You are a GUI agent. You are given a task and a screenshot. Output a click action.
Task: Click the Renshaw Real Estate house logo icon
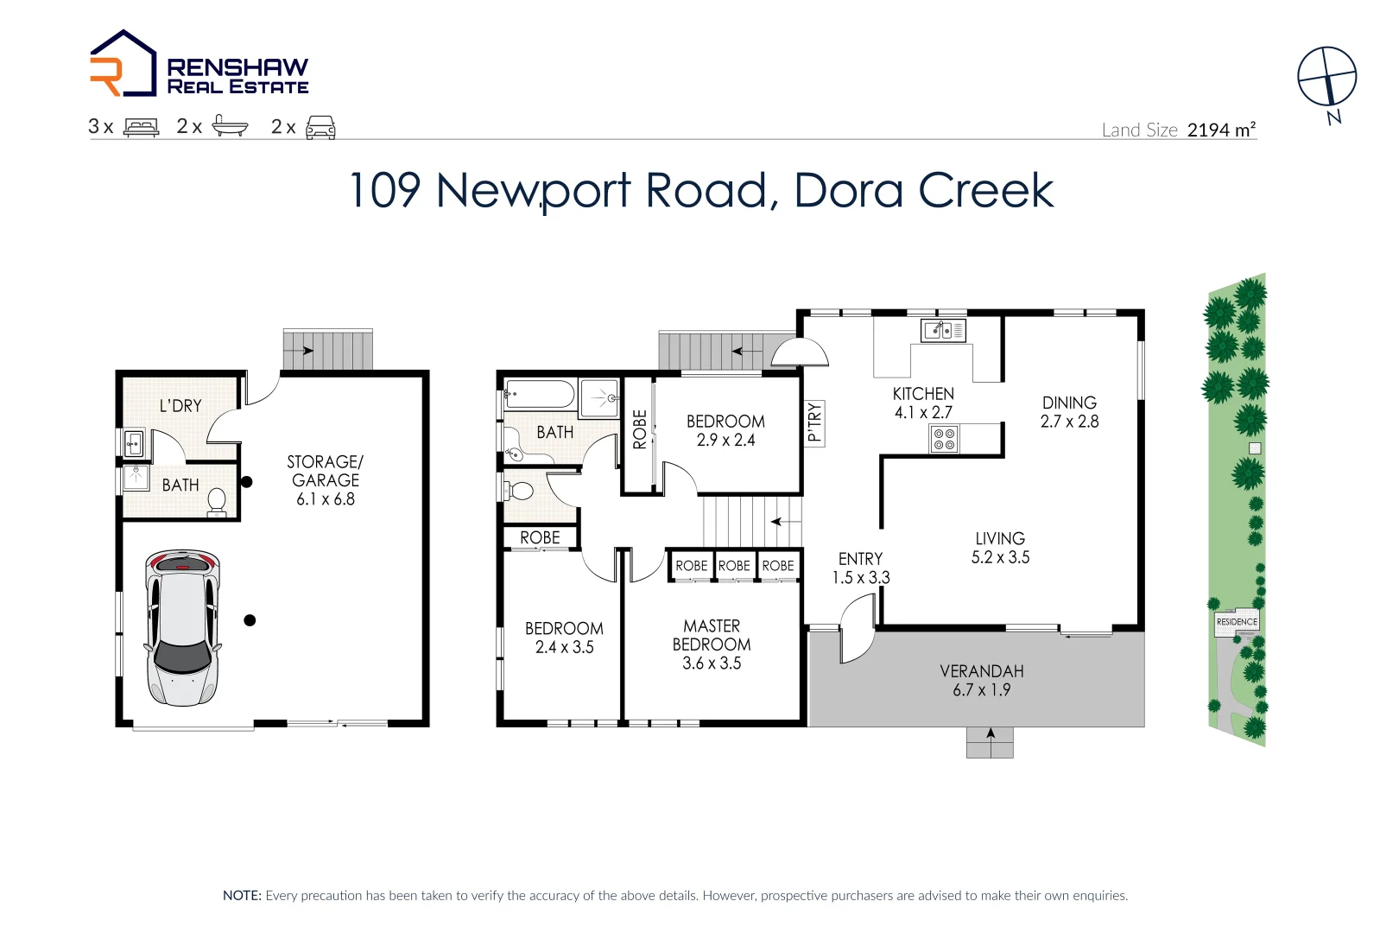point(123,64)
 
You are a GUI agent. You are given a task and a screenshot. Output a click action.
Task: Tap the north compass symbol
point(1327,78)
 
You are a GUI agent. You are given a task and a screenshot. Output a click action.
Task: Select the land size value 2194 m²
point(1221,130)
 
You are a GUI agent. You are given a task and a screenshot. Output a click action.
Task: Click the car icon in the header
point(320,127)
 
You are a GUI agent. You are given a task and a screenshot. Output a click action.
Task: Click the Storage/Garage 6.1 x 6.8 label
point(326,480)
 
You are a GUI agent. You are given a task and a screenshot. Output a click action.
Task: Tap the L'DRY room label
point(180,406)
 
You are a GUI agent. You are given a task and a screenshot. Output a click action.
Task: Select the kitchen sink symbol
point(943,330)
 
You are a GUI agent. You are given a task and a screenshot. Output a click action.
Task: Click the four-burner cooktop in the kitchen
point(944,440)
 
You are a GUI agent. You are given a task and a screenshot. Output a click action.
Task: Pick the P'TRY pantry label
point(814,422)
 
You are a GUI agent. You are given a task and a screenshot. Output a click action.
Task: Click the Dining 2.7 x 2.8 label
point(1069,412)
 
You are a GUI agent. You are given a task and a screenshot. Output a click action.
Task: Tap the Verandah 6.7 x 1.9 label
point(982,681)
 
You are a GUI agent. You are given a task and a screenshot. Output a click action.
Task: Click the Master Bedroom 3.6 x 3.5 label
point(712,644)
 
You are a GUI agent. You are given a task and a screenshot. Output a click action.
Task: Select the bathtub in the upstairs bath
point(540,395)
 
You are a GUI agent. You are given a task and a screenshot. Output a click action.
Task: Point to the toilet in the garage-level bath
point(217,502)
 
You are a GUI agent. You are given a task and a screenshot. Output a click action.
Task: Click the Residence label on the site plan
point(1237,621)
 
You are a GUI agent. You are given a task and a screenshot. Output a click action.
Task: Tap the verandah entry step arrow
point(991,733)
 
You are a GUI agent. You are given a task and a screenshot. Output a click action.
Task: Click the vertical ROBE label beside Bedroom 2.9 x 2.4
point(639,429)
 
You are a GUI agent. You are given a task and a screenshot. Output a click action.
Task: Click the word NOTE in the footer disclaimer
point(242,896)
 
